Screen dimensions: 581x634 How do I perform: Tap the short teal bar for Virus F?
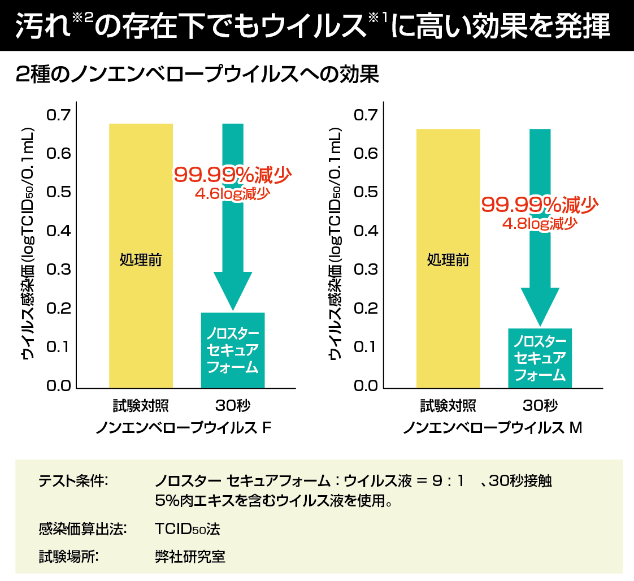point(233,350)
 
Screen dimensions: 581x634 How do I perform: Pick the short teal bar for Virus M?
point(540,358)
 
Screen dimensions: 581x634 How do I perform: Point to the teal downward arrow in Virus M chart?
point(540,249)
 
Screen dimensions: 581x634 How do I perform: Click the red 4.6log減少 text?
point(232,194)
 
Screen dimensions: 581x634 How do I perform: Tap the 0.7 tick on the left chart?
point(58,115)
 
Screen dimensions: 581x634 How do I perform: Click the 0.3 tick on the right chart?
point(365,270)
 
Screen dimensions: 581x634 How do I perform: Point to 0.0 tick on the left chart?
point(58,386)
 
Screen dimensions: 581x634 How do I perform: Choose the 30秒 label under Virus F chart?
point(232,406)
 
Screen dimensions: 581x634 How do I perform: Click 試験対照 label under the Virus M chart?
point(448,406)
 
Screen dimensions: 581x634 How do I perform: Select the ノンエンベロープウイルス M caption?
point(492,428)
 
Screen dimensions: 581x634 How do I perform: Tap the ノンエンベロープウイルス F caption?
point(184,428)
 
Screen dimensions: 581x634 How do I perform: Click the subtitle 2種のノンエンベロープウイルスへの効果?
point(197,75)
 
